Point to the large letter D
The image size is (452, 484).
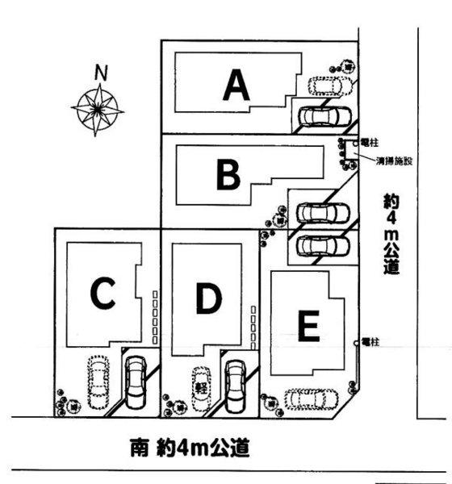(207, 300)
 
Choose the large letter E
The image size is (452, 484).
(309, 326)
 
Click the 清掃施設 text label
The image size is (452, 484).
(394, 161)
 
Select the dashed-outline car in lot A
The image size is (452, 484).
(329, 85)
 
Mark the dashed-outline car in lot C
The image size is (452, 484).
(97, 382)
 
